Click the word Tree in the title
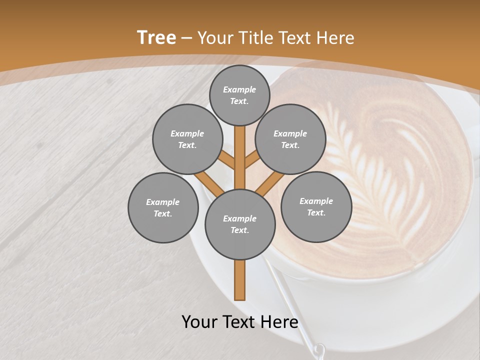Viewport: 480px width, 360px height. [156, 38]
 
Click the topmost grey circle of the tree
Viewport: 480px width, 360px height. [239, 95]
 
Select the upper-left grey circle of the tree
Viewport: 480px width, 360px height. [187, 139]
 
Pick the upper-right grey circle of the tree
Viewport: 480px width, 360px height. [290, 139]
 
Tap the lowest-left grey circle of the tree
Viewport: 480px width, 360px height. [163, 207]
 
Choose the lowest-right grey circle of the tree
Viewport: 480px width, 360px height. [316, 206]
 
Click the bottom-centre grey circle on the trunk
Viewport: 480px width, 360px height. [240, 224]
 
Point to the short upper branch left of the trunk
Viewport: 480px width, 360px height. [226, 160]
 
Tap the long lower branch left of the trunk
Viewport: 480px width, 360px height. [209, 183]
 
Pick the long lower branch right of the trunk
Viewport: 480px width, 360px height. [270, 183]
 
